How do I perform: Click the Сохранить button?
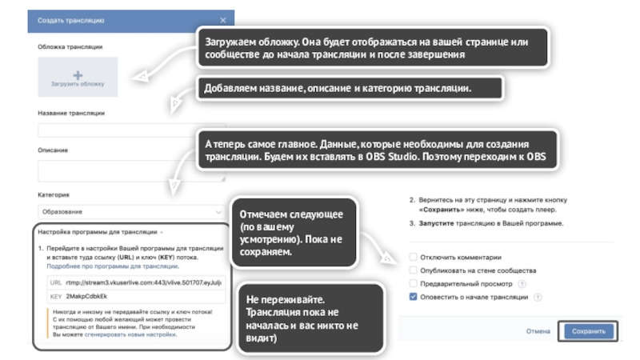[588, 330]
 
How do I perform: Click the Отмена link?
[538, 330]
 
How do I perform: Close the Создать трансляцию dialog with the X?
[222, 20]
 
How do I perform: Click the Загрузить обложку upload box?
[78, 77]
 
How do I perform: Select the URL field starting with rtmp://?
[135, 282]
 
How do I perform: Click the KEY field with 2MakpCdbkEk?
[135, 296]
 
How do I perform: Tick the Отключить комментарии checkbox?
[413, 258]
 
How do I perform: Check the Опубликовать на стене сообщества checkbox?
[413, 270]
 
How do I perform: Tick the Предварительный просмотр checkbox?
[413, 283]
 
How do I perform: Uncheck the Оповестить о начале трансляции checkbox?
[413, 296]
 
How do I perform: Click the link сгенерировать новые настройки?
[143, 335]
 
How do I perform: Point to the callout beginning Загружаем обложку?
[372, 47]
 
